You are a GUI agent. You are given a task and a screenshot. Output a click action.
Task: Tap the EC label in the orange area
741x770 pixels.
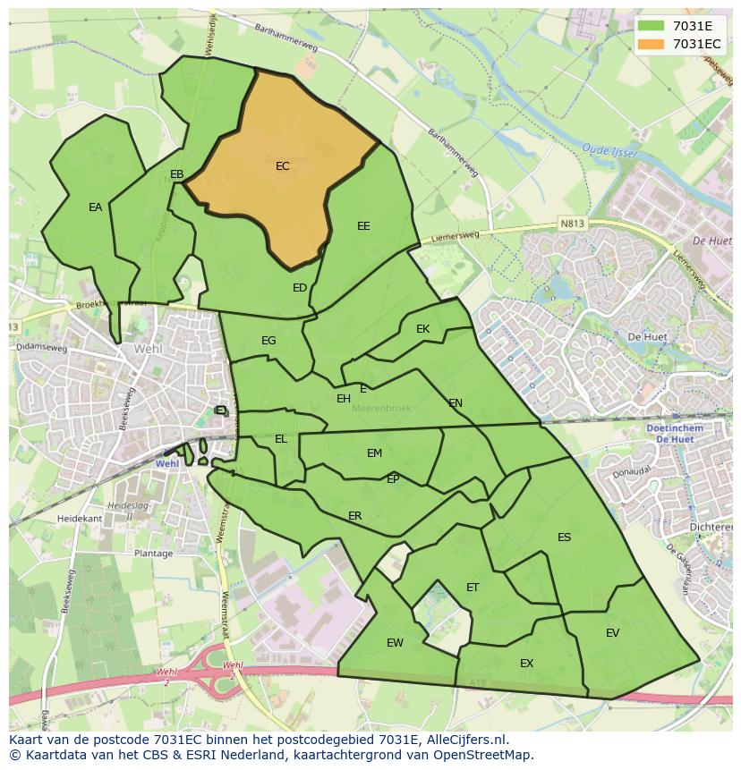[x=283, y=166]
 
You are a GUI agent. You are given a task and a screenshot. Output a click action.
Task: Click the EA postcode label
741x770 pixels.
[x=95, y=207]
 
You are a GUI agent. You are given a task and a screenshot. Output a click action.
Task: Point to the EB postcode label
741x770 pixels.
[x=176, y=174]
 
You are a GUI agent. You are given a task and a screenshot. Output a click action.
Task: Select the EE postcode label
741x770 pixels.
[x=363, y=226]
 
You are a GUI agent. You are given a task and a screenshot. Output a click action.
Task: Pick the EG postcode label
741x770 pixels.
[x=268, y=341]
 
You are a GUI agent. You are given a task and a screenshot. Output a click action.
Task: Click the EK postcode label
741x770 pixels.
[x=422, y=329]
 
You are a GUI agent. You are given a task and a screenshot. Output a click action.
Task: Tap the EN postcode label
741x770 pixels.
[x=456, y=403]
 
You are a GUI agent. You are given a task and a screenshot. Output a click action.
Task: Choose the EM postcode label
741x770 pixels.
[x=374, y=453]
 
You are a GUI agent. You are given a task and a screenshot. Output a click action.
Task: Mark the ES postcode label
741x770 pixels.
[x=564, y=537]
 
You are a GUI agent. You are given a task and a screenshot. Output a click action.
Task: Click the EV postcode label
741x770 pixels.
[x=612, y=633]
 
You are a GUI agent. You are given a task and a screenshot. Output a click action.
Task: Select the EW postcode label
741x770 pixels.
[x=395, y=643]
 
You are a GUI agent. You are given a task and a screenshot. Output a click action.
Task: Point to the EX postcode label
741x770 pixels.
[x=526, y=664]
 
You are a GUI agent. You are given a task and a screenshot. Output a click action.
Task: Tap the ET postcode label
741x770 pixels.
[x=473, y=588]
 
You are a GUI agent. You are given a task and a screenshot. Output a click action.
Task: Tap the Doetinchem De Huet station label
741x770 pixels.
[x=674, y=434]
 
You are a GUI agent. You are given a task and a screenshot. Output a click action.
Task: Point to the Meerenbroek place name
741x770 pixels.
[x=381, y=408]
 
